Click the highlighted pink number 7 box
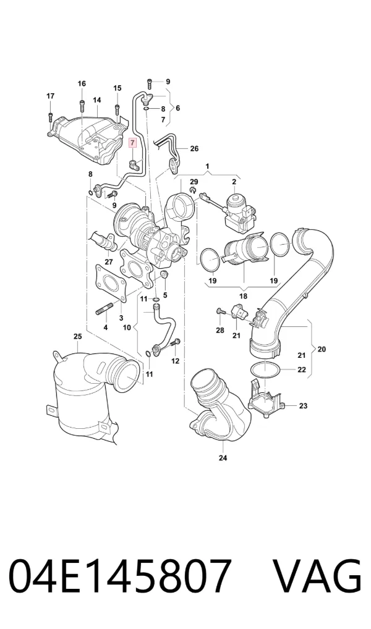click(x=132, y=143)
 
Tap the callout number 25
click(x=77, y=336)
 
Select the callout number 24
click(x=223, y=458)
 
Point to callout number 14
click(x=96, y=99)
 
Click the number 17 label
click(x=50, y=96)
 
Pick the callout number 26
click(x=194, y=149)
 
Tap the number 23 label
click(x=303, y=406)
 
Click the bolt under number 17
click(x=50, y=117)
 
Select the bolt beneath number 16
click(x=82, y=106)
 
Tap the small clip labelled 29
click(x=193, y=189)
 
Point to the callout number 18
click(x=244, y=296)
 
